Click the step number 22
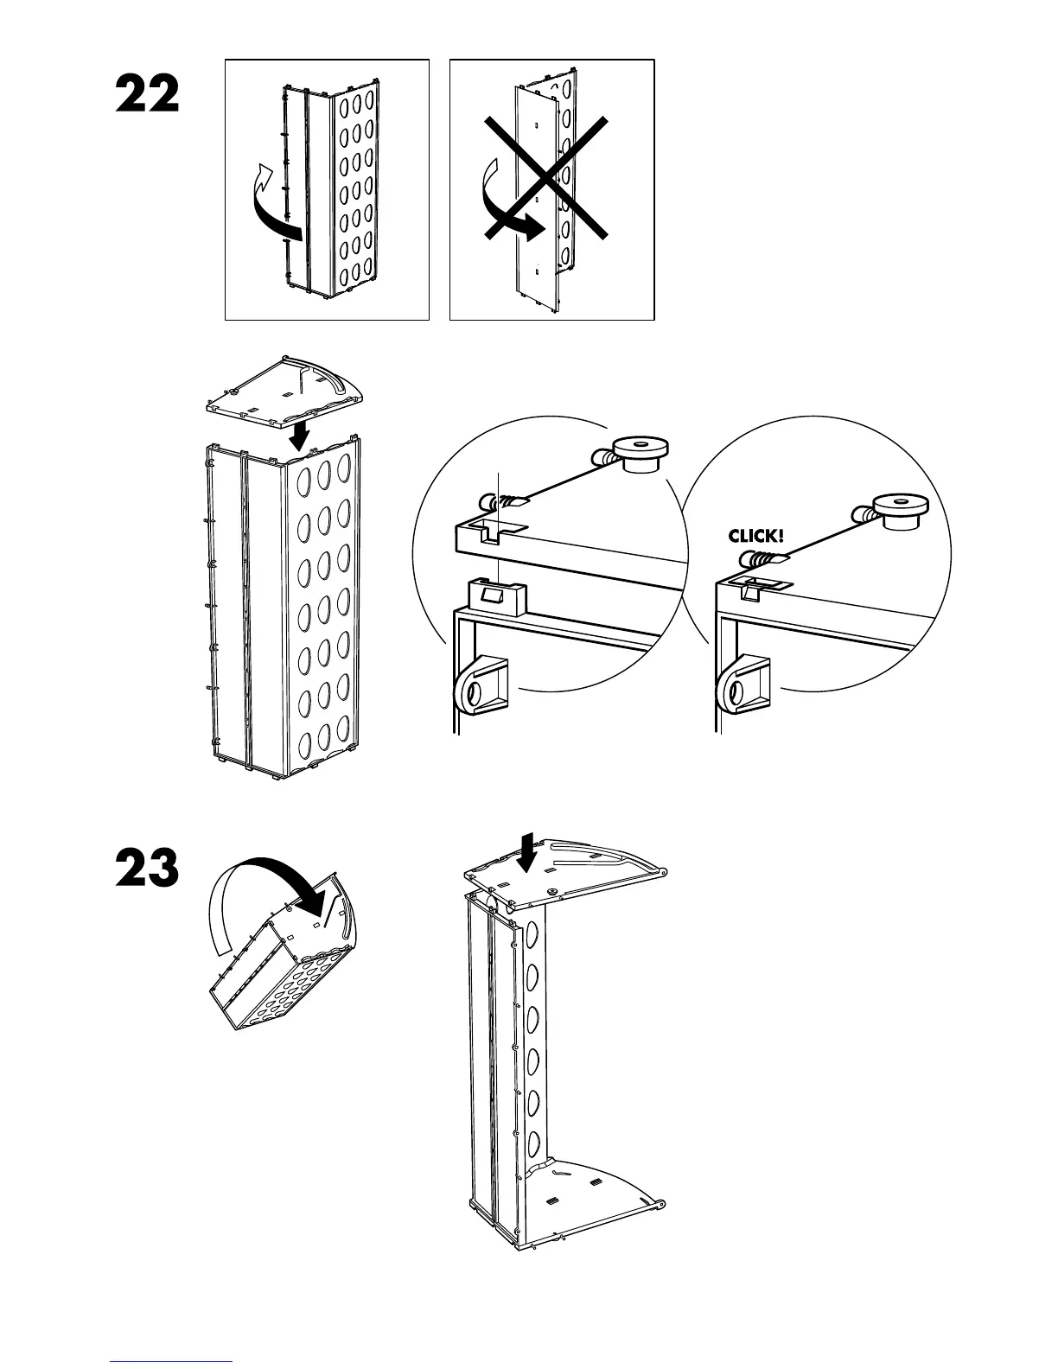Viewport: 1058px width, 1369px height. coord(148,94)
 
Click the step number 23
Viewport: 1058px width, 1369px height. coord(148,869)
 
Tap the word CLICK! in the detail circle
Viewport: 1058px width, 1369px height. coord(757,536)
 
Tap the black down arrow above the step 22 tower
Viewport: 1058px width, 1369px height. coord(299,434)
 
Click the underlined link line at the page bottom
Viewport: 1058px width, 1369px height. coord(172,1361)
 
